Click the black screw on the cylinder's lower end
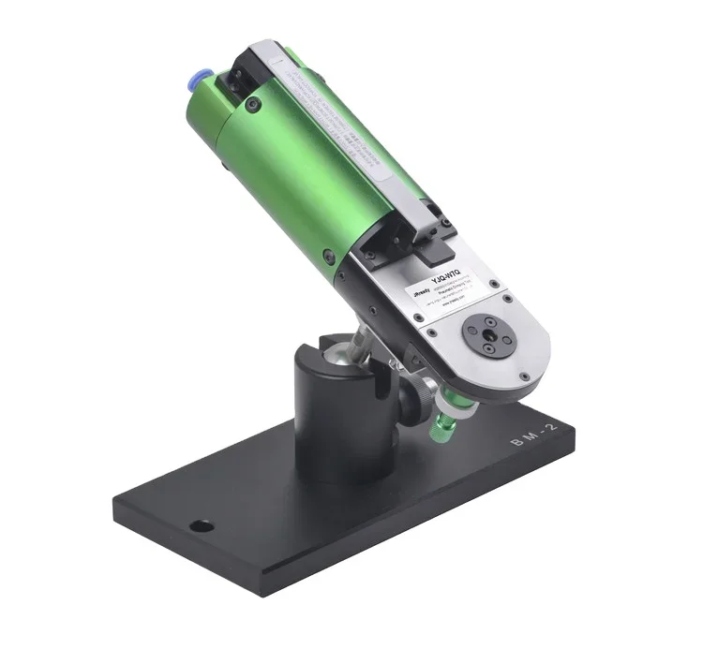click(328, 256)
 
